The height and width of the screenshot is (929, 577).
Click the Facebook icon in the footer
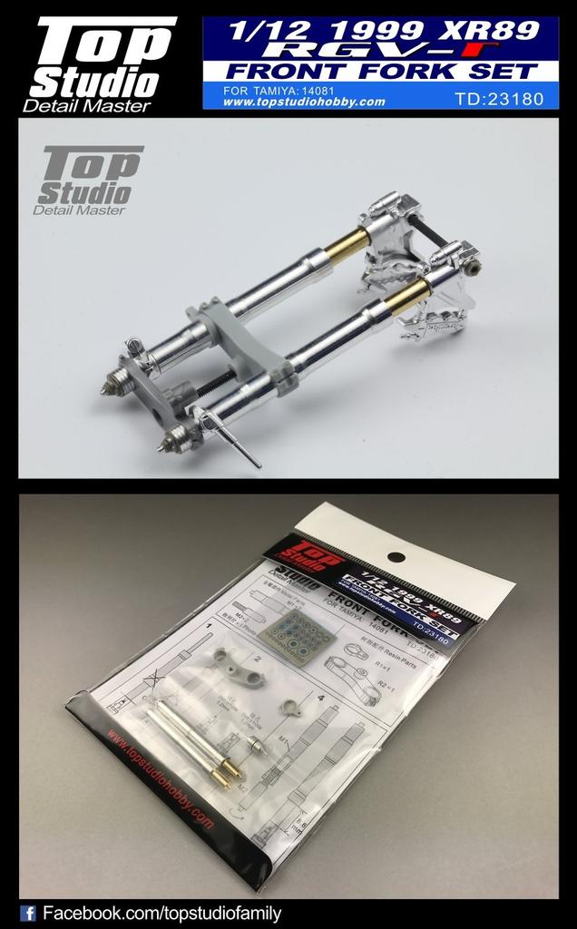28,914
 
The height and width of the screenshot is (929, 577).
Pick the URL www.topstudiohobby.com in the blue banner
303,102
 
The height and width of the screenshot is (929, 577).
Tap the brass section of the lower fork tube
408,297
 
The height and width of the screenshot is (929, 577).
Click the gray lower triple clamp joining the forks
238,345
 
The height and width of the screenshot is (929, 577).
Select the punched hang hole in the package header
396,558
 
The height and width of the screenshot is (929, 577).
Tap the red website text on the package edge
158,777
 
